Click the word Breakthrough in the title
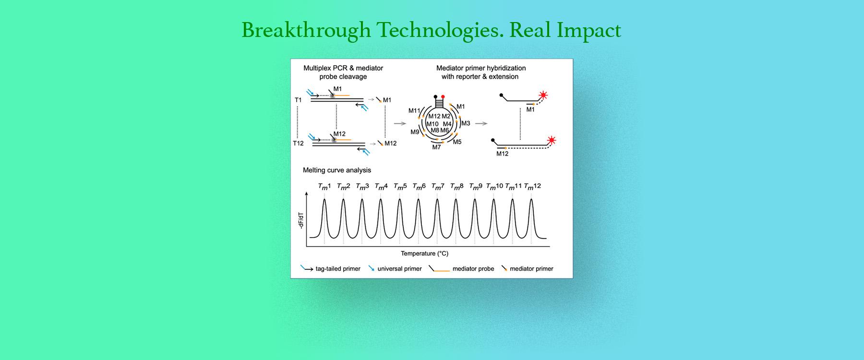coord(306,30)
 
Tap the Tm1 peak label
coord(324,186)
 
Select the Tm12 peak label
coord(532,186)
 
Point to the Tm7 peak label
coord(438,186)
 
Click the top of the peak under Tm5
coord(400,199)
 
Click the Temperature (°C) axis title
coord(425,253)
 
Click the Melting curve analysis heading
coord(337,170)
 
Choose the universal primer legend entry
coord(395,269)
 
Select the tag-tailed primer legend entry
coord(331,269)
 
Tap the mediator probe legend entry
coord(462,269)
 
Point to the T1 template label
coord(298,100)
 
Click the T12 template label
coord(299,143)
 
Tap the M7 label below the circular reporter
coord(436,147)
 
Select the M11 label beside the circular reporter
coord(414,111)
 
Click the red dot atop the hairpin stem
coord(443,96)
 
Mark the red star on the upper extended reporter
coord(543,95)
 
